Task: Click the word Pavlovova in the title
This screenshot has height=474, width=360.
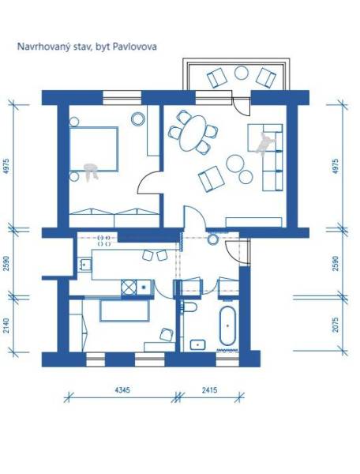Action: [136, 47]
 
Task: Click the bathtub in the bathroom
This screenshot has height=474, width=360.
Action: [227, 328]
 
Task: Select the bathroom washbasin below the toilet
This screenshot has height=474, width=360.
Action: [195, 344]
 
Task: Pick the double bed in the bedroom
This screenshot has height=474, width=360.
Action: [94, 150]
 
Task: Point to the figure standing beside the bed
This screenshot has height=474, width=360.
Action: [92, 170]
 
